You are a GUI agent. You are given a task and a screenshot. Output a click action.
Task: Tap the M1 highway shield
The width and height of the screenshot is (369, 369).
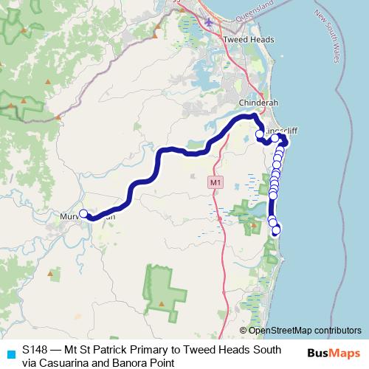[215, 181]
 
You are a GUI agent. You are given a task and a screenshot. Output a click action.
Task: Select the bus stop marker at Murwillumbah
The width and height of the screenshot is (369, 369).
[83, 214]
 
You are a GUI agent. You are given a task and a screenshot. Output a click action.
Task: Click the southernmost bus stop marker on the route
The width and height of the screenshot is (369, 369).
[277, 231]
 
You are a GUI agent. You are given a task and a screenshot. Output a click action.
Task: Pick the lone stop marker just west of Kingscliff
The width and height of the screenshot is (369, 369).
[259, 134]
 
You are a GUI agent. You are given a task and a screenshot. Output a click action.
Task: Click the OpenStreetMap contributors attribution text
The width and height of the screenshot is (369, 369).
[301, 331]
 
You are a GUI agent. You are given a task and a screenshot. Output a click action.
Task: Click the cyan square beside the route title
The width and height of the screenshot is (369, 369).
[10, 353]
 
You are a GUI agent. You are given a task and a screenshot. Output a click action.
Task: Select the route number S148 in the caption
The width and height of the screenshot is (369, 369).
[35, 348]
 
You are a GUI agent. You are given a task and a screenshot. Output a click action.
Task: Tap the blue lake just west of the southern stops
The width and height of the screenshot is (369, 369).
[258, 213]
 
